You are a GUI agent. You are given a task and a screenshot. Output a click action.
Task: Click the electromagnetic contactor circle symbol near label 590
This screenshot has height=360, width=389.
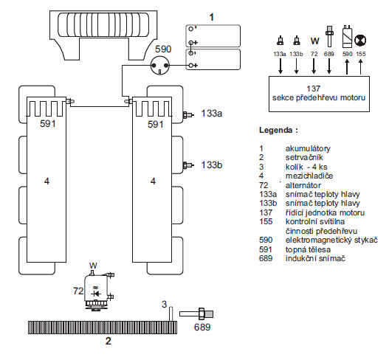pyautogui.click(x=160, y=66)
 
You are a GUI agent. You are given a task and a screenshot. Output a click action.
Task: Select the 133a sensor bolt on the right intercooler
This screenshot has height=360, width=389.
pyautogui.click(x=187, y=115)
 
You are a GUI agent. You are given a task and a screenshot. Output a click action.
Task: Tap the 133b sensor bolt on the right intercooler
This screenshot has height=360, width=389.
pyautogui.click(x=187, y=165)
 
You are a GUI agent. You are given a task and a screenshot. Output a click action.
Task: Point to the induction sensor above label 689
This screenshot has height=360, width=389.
pyautogui.click(x=196, y=314)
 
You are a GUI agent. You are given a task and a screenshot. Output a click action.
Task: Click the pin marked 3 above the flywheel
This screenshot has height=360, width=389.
pyautogui.click(x=171, y=314)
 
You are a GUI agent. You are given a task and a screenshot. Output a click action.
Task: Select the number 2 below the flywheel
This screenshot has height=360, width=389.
pyautogui.click(x=109, y=341)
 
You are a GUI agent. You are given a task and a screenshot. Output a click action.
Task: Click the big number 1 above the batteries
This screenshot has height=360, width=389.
pyautogui.click(x=212, y=18)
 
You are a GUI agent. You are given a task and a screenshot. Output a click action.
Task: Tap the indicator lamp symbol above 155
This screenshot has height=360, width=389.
pyautogui.click(x=360, y=40)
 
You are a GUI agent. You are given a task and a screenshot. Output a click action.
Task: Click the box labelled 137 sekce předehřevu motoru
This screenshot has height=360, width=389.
pyautogui.click(x=319, y=94)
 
